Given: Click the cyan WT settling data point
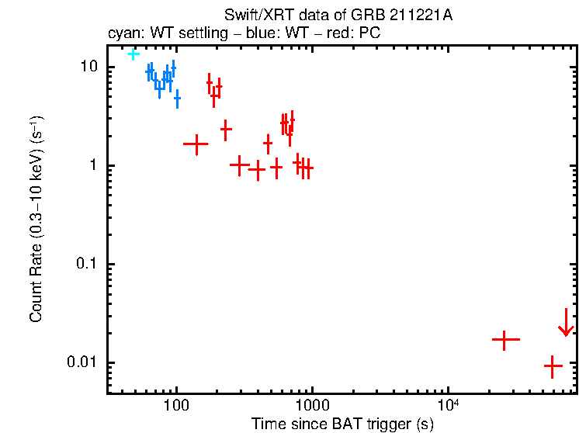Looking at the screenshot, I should (133, 54).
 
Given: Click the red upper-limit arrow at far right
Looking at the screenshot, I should (566, 324).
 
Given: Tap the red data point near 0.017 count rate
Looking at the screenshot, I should (504, 340).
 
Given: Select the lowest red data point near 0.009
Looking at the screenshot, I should (553, 365).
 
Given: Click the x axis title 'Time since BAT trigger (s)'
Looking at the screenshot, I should (342, 424).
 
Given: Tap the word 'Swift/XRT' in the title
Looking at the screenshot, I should (251, 16).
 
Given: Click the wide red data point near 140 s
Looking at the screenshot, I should (196, 144).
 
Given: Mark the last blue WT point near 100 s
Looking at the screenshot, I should (177, 99).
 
